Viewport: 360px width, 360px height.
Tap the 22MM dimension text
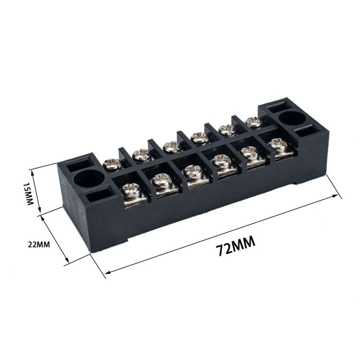click(x=39, y=244)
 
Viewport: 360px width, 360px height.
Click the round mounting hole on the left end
click(x=89, y=179)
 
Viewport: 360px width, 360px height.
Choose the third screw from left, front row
click(x=191, y=171)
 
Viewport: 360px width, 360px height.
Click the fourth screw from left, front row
click(x=221, y=162)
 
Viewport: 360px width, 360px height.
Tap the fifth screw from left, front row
click(x=248, y=153)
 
